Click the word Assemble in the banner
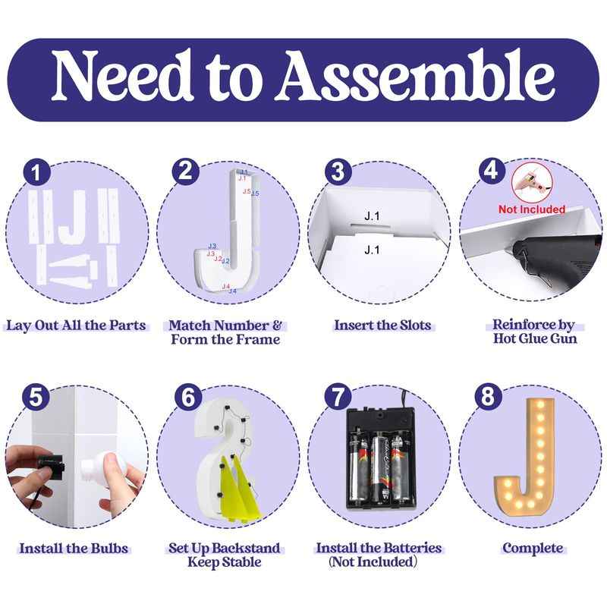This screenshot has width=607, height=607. (x=415, y=76)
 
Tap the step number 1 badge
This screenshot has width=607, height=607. (x=36, y=172)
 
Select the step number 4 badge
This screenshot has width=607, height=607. (x=492, y=170)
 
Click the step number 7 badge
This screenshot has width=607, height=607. (x=338, y=397)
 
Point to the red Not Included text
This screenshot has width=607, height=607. (x=532, y=209)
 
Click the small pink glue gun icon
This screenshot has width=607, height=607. (x=532, y=182)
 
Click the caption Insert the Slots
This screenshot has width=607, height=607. (x=382, y=326)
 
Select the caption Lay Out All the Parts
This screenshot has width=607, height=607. (x=76, y=326)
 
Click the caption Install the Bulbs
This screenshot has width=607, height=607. (x=74, y=549)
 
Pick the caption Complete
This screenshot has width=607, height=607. (x=533, y=548)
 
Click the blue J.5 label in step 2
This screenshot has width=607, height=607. (x=255, y=193)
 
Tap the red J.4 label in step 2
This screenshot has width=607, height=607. (x=225, y=287)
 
